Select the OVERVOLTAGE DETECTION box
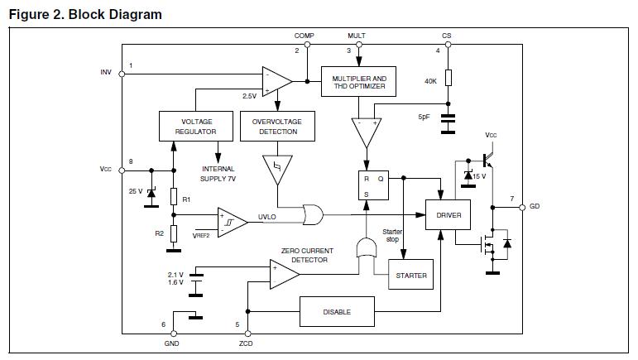pos(276,126)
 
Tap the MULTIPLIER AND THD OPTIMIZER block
pos(359,83)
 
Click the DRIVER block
pos(448,215)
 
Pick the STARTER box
pos(411,275)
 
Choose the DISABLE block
pos(338,312)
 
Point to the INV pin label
pos(105,72)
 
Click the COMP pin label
pos(304,36)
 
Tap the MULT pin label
pos(356,36)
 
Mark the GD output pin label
pos(535,206)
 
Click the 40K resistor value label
pos(430,81)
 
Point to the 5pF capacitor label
pos(425,118)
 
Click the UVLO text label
pos(267,217)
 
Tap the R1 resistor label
pos(186,199)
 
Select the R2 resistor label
pos(160,233)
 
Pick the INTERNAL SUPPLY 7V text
pos(218,174)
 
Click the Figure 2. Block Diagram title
pos(85,14)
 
